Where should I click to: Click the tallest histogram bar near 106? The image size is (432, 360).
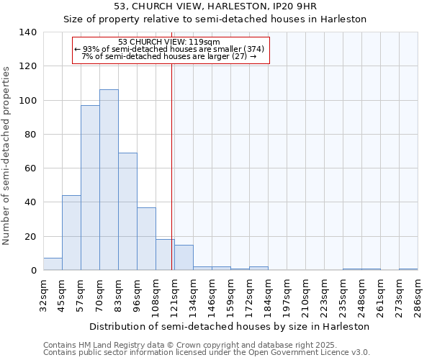[x=109, y=180]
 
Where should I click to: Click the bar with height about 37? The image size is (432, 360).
[x=146, y=238]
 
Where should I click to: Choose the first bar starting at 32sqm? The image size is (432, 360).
[x=53, y=264]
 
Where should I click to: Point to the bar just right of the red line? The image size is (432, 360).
[x=184, y=257]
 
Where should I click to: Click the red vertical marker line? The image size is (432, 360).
[x=171, y=166]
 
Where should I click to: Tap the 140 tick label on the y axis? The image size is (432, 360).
[x=28, y=32]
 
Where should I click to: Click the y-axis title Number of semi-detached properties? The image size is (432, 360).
[x=7, y=155]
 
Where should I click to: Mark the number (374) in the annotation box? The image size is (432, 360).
[x=254, y=49]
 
